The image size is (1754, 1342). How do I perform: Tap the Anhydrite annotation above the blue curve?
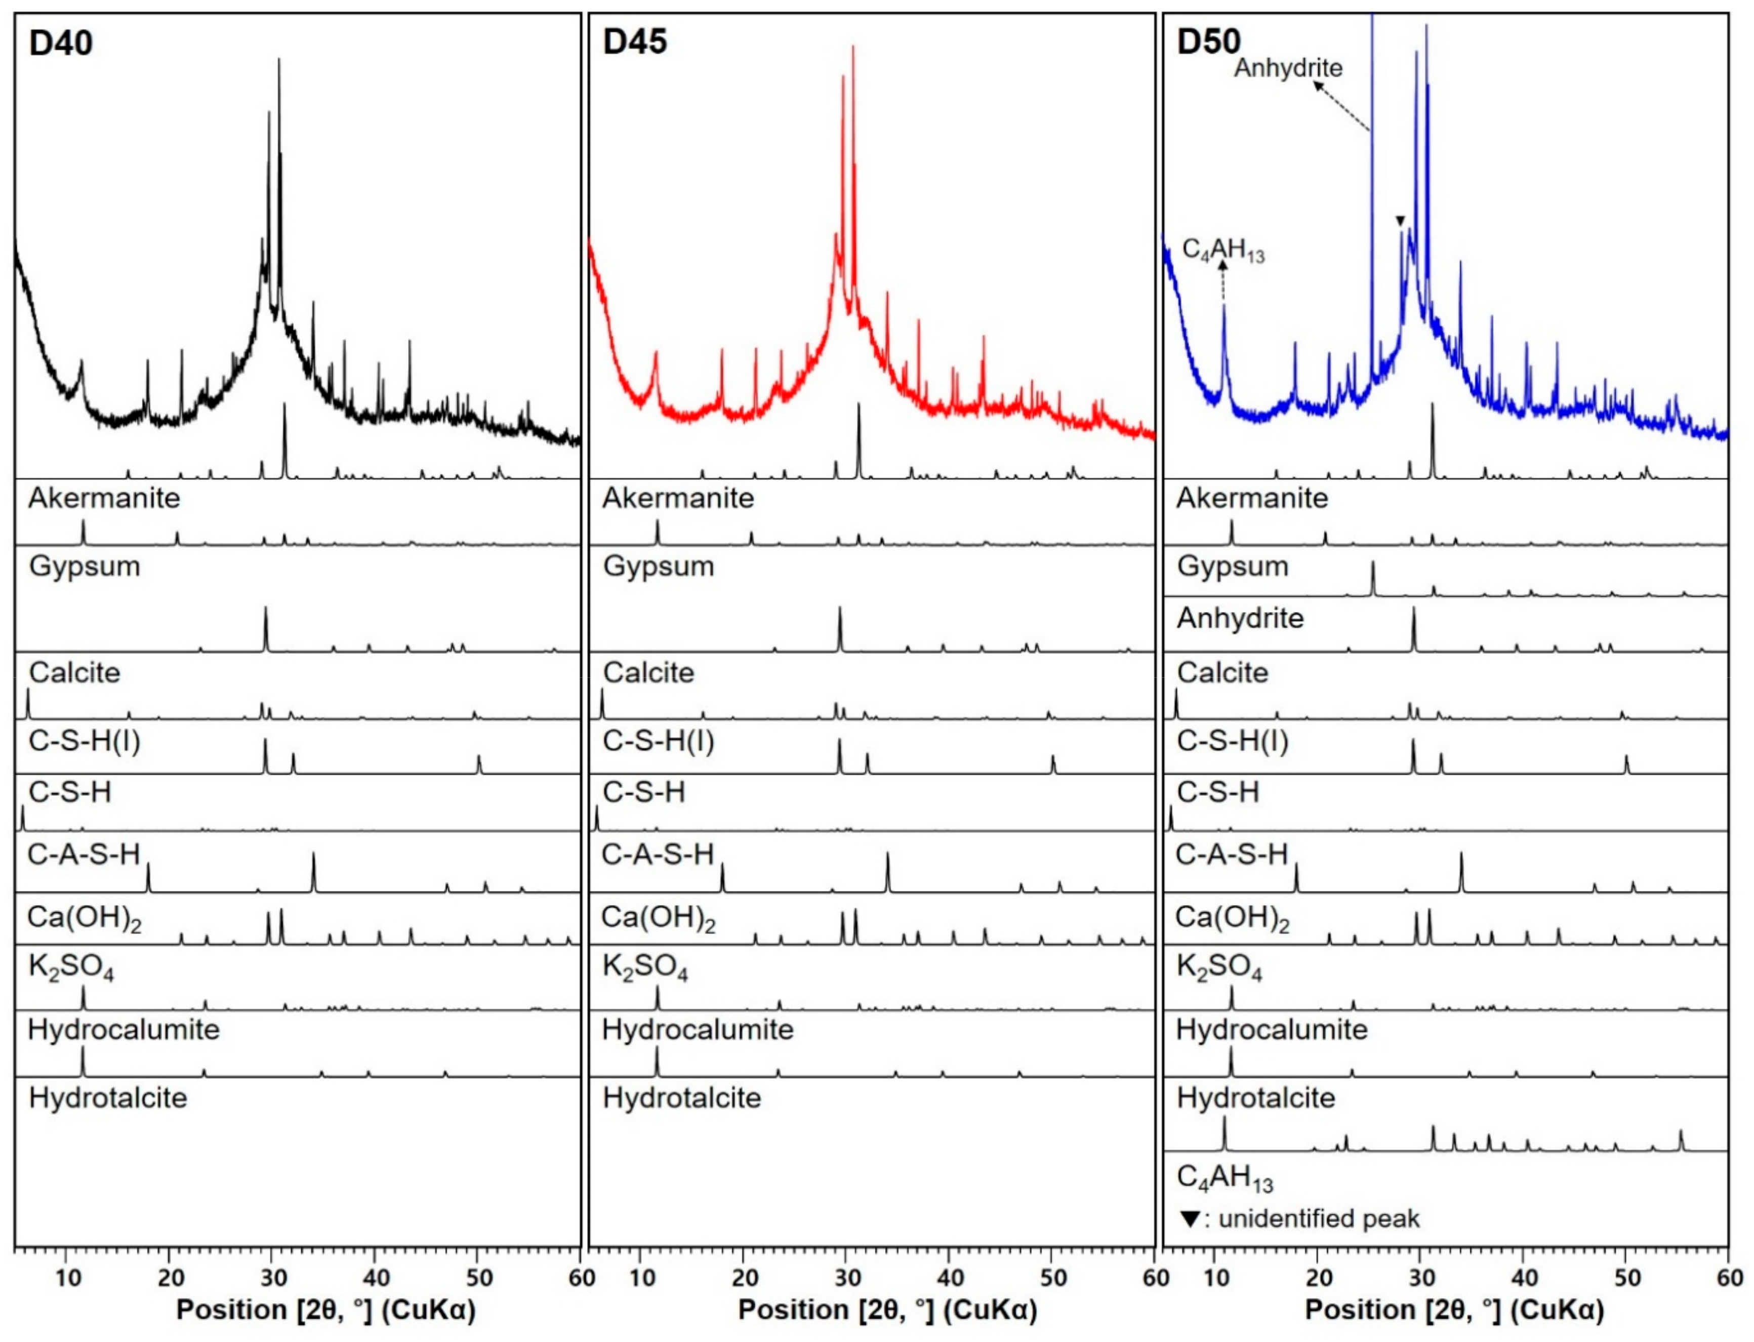(x=1288, y=68)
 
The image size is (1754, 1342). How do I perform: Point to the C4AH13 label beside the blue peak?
(x=1223, y=251)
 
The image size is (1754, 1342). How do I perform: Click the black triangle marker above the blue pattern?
(x=1399, y=221)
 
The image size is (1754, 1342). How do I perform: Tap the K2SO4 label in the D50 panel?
(x=1219, y=968)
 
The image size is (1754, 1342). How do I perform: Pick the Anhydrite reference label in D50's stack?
(x=1240, y=618)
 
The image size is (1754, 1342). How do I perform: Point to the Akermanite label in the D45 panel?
(x=678, y=499)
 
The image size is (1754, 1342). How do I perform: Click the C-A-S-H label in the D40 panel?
(x=84, y=855)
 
